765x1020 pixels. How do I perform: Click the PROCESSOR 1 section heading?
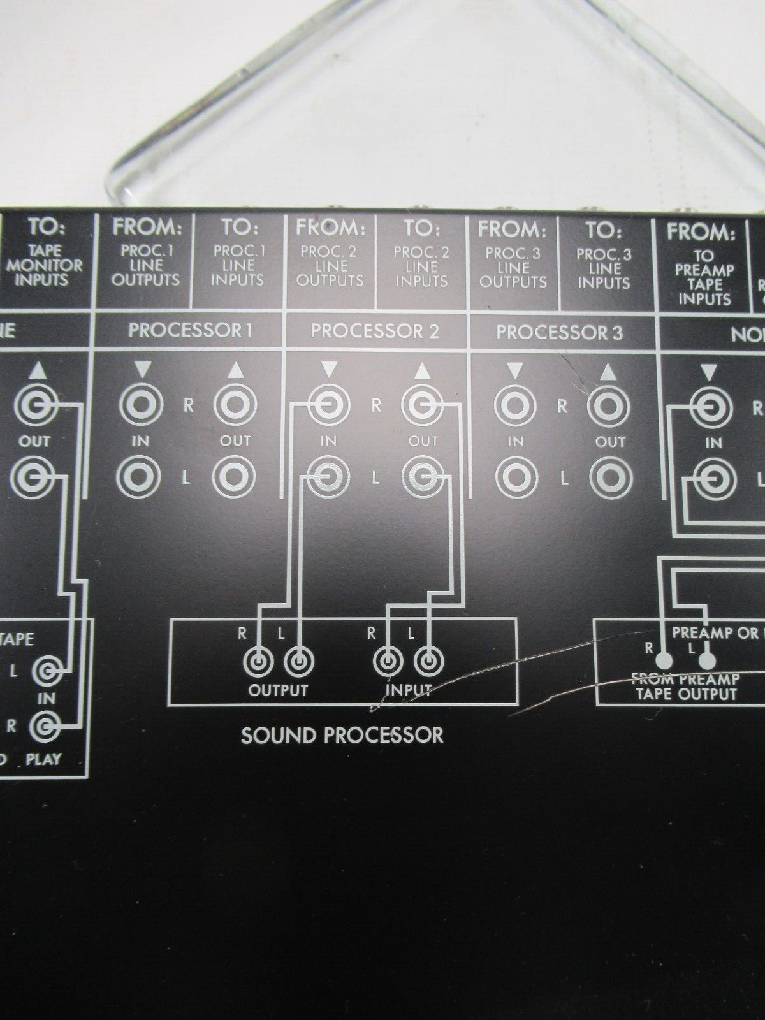[x=190, y=330]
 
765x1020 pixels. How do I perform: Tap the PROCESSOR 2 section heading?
[x=375, y=331]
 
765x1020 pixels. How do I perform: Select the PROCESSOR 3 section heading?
[x=559, y=332]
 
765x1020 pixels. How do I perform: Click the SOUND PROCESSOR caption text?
[x=342, y=735]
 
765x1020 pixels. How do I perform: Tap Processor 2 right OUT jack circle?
[x=422, y=404]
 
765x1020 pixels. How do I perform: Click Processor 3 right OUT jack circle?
[x=609, y=405]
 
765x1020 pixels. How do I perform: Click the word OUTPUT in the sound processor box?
[x=278, y=690]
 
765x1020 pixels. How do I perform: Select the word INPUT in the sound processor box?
[x=408, y=690]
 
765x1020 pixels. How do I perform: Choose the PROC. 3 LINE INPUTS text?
[x=604, y=268]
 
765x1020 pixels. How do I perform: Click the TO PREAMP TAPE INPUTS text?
[x=704, y=277]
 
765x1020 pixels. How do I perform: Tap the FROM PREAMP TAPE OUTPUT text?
[x=685, y=686]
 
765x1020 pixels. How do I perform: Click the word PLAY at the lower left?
[x=44, y=759]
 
